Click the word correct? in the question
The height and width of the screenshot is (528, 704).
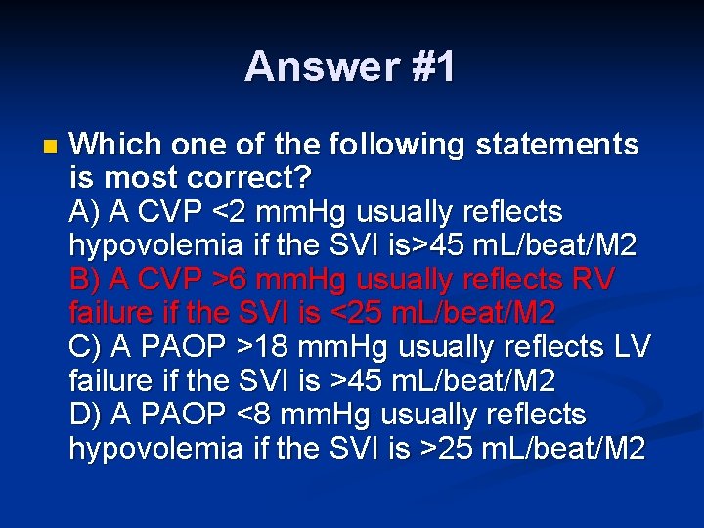pos(242,179)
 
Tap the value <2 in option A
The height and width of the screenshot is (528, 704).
pos(260,212)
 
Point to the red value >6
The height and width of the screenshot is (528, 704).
pos(260,280)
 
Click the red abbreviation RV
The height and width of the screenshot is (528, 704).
pos(595,280)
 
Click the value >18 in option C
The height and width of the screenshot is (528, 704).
pos(275,347)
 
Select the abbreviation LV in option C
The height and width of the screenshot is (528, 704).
pos(629,347)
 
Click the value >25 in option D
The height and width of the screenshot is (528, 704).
pos(444,449)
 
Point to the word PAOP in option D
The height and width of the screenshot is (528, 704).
pos(173,415)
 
